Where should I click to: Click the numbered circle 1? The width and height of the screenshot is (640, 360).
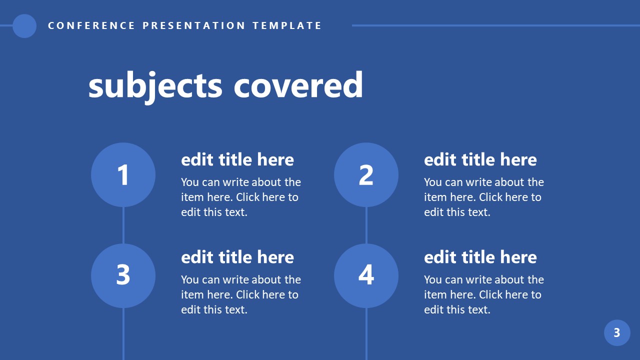coord(123,174)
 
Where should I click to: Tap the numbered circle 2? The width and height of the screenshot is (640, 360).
coord(366,174)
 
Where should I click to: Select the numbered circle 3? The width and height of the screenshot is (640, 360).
coord(123,275)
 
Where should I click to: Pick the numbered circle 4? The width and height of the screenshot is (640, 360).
coord(366,275)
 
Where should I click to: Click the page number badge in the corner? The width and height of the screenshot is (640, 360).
coord(617,332)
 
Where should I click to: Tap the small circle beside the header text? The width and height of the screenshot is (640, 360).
coord(24,26)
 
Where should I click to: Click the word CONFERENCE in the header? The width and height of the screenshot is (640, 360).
coord(91,25)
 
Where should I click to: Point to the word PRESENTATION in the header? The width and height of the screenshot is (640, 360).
coord(194,25)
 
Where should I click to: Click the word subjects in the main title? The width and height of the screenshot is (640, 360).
coord(155,85)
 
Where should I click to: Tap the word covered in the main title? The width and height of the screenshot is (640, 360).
coord(298,85)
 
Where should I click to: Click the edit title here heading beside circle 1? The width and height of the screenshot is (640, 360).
coord(237,160)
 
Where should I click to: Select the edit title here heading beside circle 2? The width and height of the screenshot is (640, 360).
coord(480,160)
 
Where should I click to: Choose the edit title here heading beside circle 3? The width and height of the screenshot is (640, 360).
coord(237,257)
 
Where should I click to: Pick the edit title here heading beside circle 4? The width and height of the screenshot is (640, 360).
coord(480,257)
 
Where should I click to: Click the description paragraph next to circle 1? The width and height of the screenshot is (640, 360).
coord(240,197)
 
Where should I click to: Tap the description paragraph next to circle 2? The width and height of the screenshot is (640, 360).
coord(483,197)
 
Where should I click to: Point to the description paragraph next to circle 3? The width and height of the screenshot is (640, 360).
coord(240,294)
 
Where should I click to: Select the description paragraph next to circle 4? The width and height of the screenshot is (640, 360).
coord(483,294)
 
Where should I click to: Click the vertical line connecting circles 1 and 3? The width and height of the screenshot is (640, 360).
coord(123,225)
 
